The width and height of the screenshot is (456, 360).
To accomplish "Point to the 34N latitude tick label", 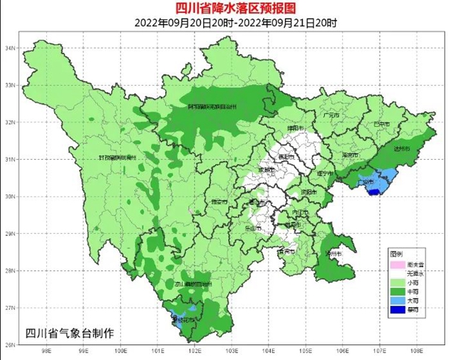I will click(x=10, y=48).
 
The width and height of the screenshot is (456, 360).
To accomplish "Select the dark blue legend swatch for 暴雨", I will click(x=395, y=310).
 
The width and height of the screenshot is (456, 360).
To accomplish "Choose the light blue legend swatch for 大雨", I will click(x=395, y=299).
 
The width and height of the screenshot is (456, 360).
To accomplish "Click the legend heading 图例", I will click(x=396, y=254).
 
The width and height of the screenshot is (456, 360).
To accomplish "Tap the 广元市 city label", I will click(x=330, y=114).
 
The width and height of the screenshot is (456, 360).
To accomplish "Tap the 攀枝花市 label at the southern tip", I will click(x=185, y=320).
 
